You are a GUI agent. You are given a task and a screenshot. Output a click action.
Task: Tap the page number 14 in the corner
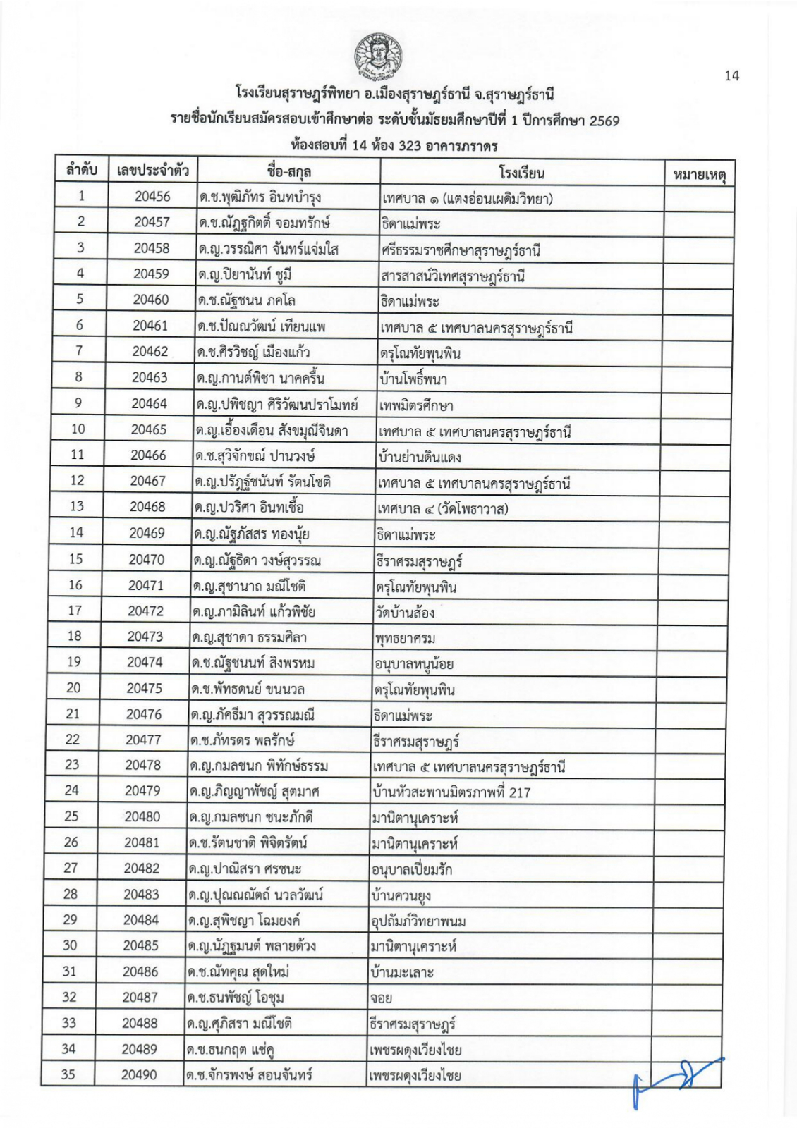click(x=731, y=75)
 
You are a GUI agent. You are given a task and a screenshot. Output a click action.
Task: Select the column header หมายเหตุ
click(x=699, y=173)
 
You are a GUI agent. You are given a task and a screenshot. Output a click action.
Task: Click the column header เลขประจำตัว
click(x=152, y=171)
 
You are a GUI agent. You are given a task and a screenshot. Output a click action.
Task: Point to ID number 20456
click(x=152, y=197)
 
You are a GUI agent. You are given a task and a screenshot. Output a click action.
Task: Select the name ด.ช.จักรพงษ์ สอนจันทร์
click(x=250, y=1076)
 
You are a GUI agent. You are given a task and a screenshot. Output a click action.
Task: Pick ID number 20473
click(x=145, y=637)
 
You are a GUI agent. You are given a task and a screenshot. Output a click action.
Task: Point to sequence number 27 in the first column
click(x=71, y=868)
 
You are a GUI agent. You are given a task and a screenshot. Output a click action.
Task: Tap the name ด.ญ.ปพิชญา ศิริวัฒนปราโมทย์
click(x=276, y=405)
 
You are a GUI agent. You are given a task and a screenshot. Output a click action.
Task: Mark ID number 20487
click(x=140, y=998)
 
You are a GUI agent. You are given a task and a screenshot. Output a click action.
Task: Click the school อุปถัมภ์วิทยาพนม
click(x=418, y=921)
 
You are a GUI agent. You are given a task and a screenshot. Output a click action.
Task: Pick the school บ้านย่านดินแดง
click(x=419, y=457)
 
